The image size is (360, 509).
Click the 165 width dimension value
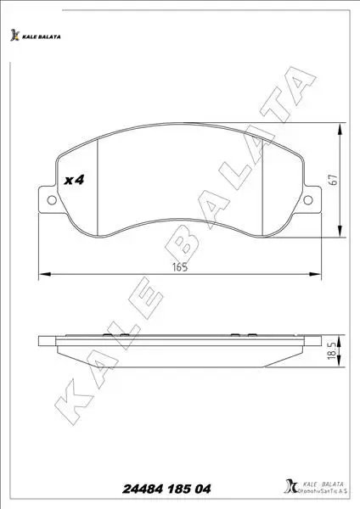[x=180, y=267]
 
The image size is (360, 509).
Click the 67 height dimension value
[x=334, y=180]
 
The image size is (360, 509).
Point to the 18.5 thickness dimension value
[x=331, y=351]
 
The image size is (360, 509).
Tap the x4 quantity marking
[x=74, y=180]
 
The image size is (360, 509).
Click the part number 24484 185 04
[x=166, y=489]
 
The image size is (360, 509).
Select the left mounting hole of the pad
[x=52, y=200]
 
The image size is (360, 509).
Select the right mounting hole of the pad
[x=307, y=200]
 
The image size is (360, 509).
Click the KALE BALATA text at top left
[x=42, y=37]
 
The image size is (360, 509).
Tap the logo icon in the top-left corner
[x=14, y=35]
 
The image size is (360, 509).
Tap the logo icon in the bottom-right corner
[x=290, y=485]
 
